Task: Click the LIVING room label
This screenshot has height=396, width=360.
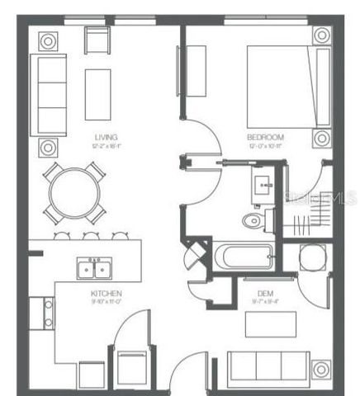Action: (x=105, y=137)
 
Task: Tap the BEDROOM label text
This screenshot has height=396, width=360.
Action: (x=265, y=137)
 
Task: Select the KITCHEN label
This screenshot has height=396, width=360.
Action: (x=107, y=294)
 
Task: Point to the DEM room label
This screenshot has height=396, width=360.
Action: (x=265, y=294)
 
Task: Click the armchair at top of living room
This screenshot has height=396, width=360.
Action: (x=97, y=40)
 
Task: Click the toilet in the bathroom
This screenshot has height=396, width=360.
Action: (x=254, y=220)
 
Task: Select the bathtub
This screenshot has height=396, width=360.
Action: (x=244, y=257)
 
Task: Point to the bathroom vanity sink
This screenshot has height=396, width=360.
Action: (x=266, y=184)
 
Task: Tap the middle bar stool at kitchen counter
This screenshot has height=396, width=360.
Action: (x=90, y=236)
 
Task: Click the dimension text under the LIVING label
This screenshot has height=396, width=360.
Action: (x=105, y=146)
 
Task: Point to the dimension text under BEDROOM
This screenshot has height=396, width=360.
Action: (x=265, y=146)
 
